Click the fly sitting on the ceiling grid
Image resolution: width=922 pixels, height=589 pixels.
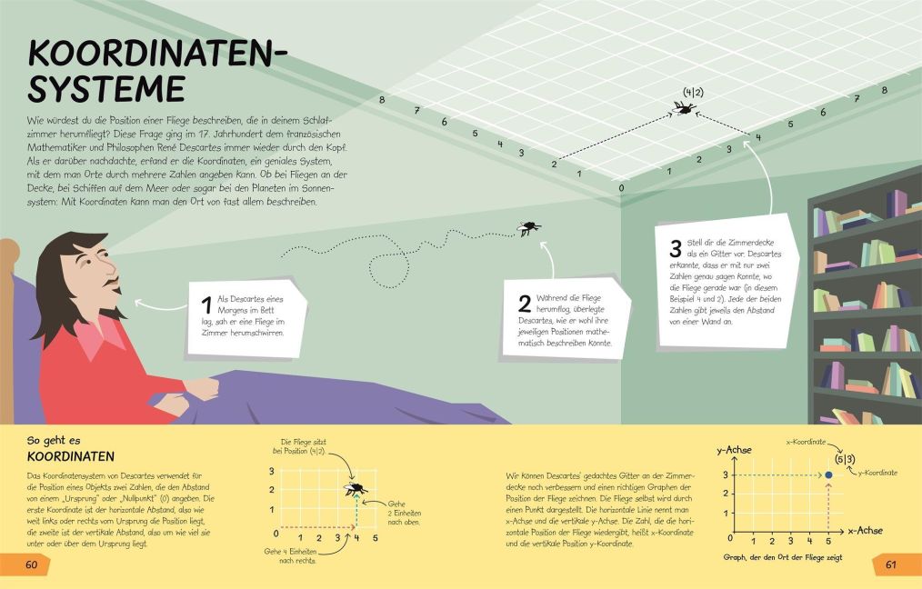click(x=684, y=108)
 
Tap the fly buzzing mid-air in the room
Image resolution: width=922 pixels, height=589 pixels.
click(x=528, y=228)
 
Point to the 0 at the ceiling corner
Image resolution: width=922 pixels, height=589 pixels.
click(x=621, y=188)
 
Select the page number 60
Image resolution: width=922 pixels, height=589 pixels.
click(x=30, y=564)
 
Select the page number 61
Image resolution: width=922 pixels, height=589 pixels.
click(x=891, y=564)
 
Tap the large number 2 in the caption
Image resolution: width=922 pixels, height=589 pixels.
click(x=525, y=304)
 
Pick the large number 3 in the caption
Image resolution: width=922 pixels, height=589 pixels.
click(x=675, y=248)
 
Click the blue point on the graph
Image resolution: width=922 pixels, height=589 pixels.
click(x=828, y=475)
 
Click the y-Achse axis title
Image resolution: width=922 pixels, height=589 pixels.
click(x=735, y=449)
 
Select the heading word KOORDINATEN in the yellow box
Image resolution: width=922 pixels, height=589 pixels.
click(x=70, y=456)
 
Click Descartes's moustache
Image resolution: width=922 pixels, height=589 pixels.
click(x=112, y=288)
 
